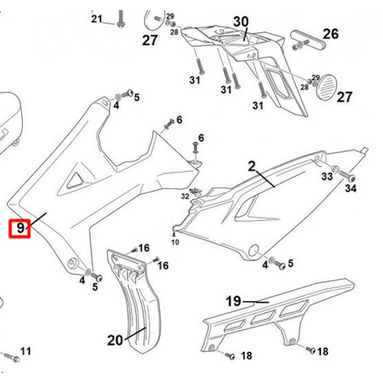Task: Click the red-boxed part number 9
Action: [x=20, y=228]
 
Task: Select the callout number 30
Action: [x=241, y=22]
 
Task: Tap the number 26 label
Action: [x=331, y=34]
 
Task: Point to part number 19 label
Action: [x=233, y=301]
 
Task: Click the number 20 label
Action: [x=115, y=340]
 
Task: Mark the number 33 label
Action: [x=327, y=177]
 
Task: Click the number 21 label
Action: [x=96, y=19]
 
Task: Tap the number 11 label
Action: [x=26, y=351]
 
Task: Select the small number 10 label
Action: [x=175, y=242]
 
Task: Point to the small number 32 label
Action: [x=184, y=195]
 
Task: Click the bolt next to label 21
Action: [x=121, y=19]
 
